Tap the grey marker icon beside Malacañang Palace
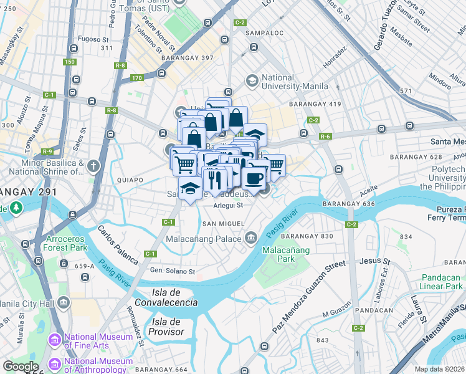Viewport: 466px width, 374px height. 251,237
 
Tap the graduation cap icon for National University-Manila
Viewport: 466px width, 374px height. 252,80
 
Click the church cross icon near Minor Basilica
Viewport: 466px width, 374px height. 93,166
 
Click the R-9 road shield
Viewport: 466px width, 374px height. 47,151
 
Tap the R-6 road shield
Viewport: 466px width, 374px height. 324,137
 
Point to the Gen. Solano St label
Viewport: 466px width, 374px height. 173,271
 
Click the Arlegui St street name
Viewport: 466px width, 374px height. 227,204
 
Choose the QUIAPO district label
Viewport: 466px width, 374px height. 130,180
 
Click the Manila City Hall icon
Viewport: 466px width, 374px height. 64,303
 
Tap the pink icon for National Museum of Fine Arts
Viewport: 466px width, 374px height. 54,340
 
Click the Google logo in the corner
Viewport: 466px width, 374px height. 21,367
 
